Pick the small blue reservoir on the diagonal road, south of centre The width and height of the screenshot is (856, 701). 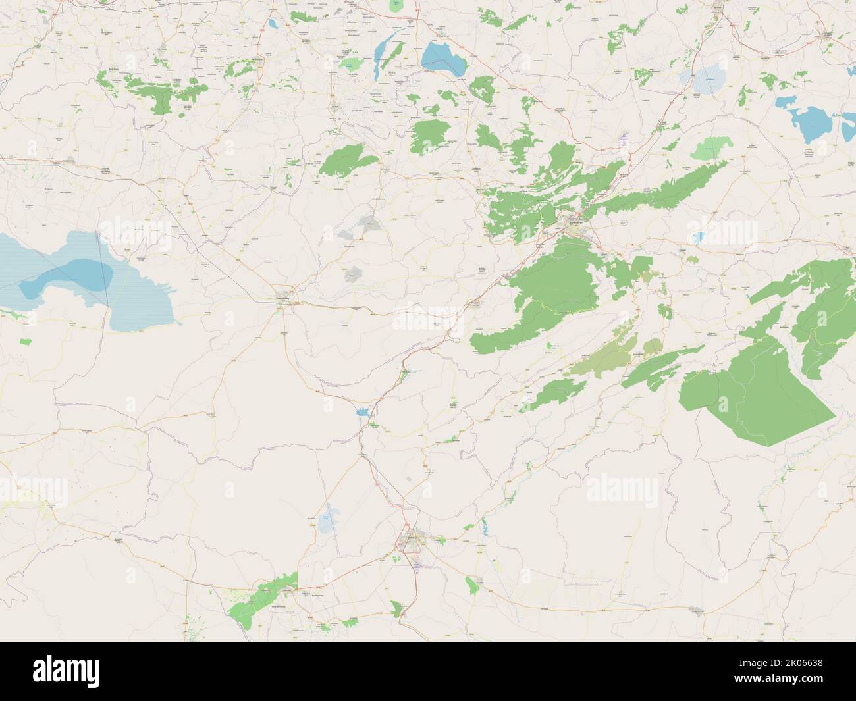361,413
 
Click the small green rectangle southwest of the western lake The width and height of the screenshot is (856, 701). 26,342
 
